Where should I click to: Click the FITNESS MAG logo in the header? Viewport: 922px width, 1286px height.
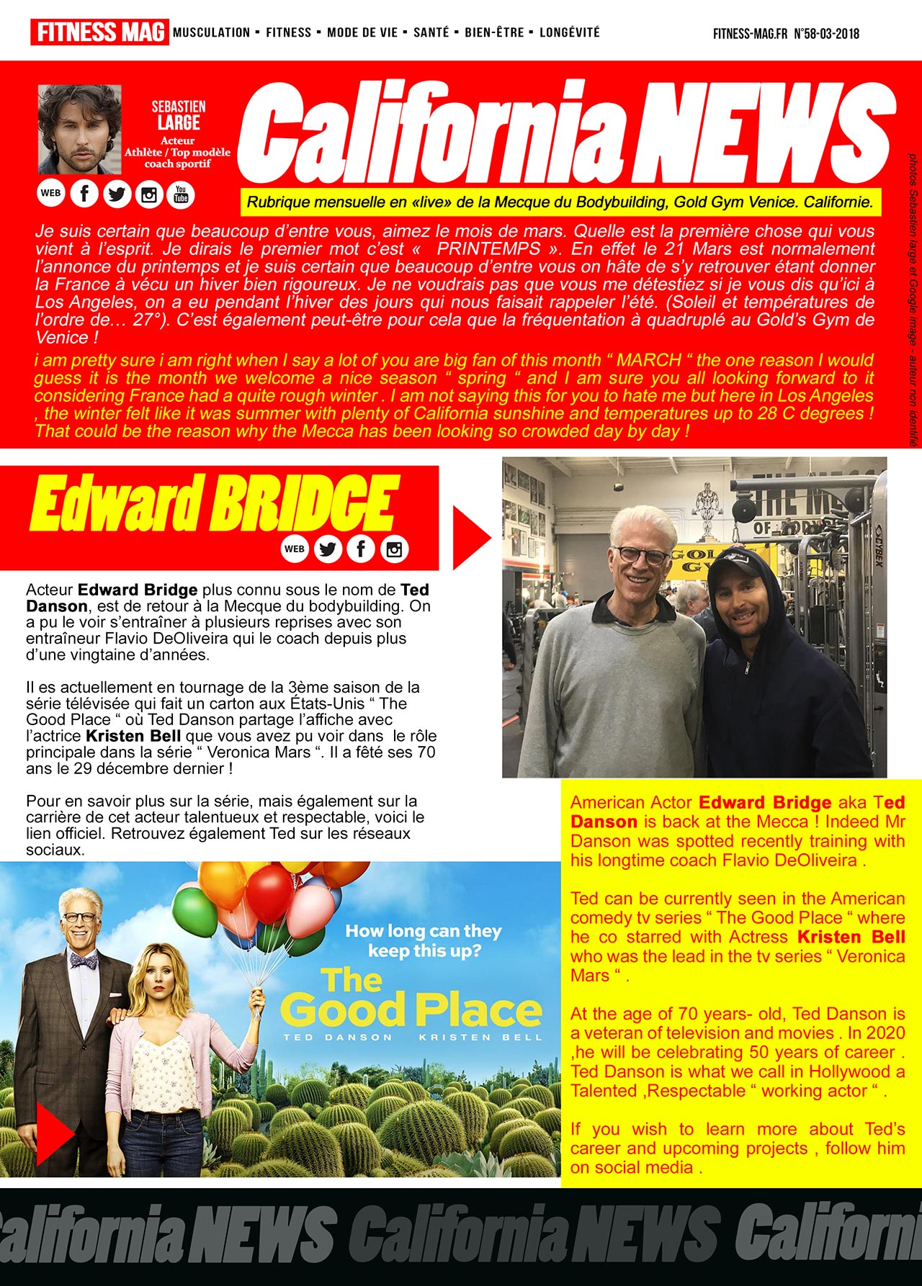point(99,32)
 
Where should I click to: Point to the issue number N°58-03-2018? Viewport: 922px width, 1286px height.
point(826,34)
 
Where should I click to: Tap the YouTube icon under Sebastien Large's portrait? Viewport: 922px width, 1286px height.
point(181,194)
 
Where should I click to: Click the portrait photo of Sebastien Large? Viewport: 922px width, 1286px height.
point(80,129)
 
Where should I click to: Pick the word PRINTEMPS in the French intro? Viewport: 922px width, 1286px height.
point(488,249)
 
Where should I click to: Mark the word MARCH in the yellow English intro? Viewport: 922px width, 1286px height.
point(649,360)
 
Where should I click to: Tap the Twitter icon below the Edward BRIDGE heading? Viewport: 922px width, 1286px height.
point(328,549)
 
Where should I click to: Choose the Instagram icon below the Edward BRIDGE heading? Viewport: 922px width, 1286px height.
point(394,549)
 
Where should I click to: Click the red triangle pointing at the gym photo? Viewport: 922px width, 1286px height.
point(470,538)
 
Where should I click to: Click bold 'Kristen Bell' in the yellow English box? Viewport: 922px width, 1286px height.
point(851,937)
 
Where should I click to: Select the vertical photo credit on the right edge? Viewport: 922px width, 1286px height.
point(912,299)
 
